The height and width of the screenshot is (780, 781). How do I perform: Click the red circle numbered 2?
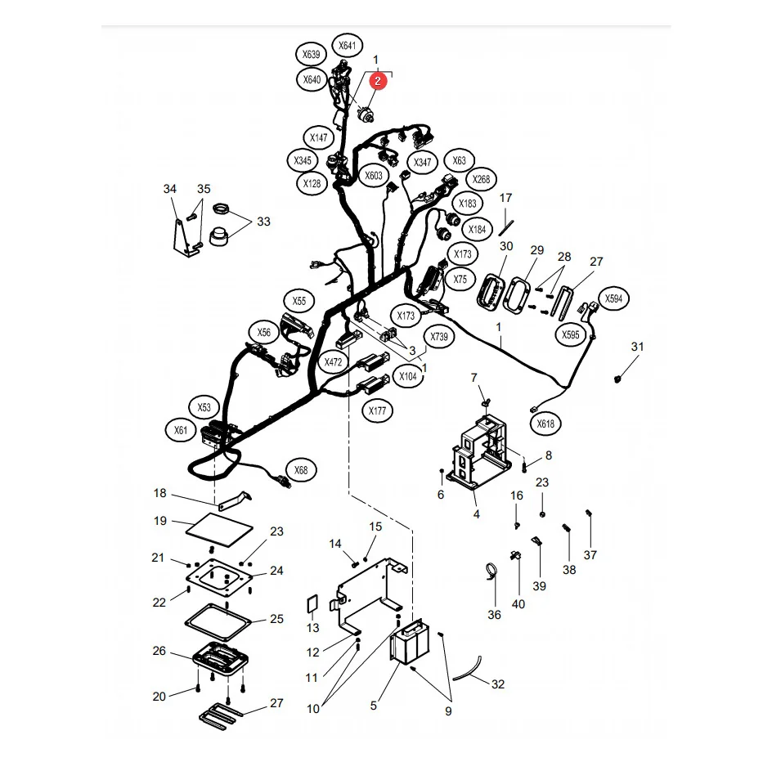(378, 81)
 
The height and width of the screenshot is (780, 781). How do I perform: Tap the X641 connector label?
(348, 46)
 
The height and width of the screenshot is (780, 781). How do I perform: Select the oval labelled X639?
(312, 54)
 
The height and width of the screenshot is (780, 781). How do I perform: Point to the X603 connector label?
(374, 175)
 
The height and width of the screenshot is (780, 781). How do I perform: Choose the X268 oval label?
(481, 179)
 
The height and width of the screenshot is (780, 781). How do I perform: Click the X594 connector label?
(613, 298)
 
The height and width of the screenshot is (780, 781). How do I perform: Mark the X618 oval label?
(545, 424)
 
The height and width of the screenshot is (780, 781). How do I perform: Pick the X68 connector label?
(301, 469)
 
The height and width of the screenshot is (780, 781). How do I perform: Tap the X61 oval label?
(181, 430)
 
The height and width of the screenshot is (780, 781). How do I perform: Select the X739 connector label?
(439, 337)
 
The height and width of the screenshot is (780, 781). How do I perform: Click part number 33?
(263, 221)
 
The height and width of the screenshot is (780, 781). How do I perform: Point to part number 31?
(638, 347)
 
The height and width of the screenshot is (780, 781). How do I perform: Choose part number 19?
(160, 521)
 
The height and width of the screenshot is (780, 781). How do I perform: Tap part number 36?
(494, 615)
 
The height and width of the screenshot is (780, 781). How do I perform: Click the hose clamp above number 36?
(491, 571)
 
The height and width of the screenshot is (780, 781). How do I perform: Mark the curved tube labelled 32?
(467, 670)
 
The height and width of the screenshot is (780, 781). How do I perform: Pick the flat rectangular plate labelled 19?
(219, 530)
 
